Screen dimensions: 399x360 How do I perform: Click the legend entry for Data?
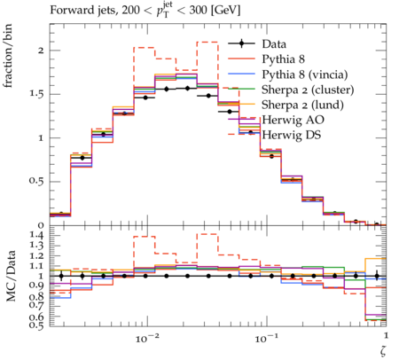tap(274, 44)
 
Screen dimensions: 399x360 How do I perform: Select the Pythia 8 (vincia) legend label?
tap(305, 74)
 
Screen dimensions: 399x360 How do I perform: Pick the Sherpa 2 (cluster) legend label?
tap(308, 90)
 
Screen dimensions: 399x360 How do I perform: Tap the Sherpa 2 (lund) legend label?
tap(302, 105)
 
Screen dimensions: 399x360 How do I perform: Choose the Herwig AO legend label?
tap(293, 120)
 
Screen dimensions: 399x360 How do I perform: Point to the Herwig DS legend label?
tap(292, 135)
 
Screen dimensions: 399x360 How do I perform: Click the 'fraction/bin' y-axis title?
tap(8, 56)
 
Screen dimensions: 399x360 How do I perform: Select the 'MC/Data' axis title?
tap(11, 276)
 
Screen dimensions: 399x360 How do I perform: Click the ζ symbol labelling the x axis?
tap(383, 350)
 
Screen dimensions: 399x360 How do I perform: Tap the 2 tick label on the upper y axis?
tap(41, 51)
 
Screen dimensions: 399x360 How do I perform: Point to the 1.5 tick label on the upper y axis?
tap(36, 94)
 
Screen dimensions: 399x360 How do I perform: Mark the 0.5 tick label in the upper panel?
tap(36, 181)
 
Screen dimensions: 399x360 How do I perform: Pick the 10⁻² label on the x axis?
tap(148, 338)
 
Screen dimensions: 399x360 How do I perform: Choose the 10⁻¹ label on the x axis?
tap(267, 338)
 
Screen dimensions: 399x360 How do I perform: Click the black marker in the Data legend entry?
tap(241, 44)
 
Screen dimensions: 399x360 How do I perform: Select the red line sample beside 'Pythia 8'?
tap(241, 59)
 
